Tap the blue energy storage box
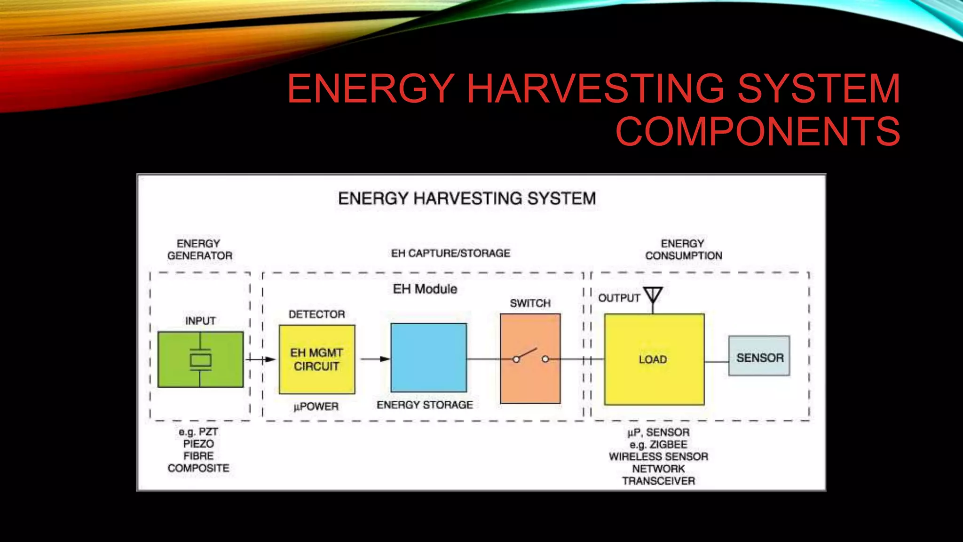(x=428, y=358)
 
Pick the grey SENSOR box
(x=759, y=356)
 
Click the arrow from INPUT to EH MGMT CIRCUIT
(x=260, y=359)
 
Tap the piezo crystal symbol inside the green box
(x=200, y=359)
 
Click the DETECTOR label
(x=316, y=314)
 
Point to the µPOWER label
(x=316, y=406)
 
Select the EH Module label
(x=425, y=289)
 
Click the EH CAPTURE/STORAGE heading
(x=450, y=254)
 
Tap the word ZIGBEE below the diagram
(x=668, y=445)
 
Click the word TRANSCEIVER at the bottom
(x=658, y=481)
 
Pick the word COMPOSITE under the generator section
(x=198, y=468)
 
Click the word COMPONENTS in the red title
(x=758, y=131)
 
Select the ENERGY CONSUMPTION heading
(x=683, y=250)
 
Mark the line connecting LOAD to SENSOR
(x=716, y=362)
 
